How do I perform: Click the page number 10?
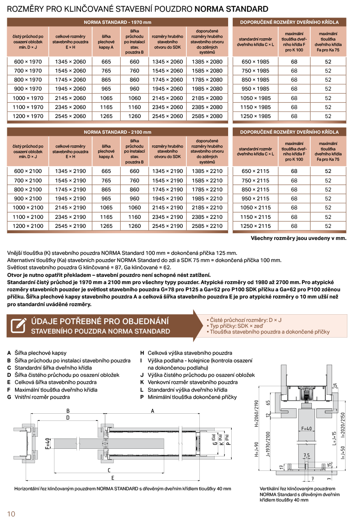tap(11, 514)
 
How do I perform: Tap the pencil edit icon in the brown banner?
tap(18, 325)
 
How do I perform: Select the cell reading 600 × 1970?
tap(27, 62)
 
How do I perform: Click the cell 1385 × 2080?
tap(207, 62)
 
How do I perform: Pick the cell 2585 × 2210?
tap(207, 226)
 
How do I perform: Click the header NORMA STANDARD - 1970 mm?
tap(117, 22)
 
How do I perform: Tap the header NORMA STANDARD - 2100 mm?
tap(117, 132)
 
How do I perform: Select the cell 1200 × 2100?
tap(27, 226)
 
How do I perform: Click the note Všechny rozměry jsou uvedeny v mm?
tap(298, 238)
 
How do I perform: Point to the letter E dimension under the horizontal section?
tap(112, 477)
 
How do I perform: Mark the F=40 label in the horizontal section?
tap(48, 443)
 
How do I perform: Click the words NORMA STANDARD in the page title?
tap(231, 9)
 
